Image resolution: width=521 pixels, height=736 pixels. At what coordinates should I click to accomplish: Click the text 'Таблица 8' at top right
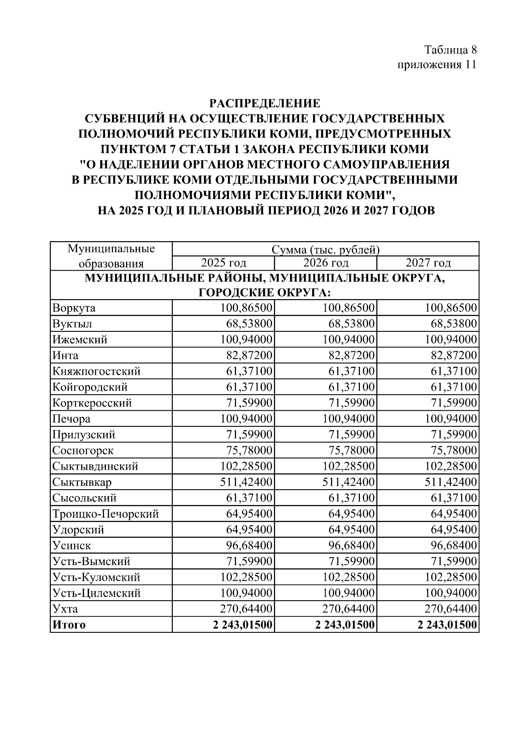coord(451,49)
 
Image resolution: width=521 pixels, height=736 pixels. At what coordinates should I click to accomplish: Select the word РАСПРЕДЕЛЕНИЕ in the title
coord(265,103)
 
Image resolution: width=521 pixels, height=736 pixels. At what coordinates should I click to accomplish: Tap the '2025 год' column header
coord(223,263)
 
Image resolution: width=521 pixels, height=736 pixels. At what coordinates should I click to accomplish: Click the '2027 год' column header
coord(428,263)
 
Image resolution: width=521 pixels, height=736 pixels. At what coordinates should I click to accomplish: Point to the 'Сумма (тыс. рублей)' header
coord(326,250)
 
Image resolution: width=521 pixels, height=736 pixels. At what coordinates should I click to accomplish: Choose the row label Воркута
coord(74,308)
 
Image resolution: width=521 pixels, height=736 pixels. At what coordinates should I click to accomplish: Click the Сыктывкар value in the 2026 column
coord(348,482)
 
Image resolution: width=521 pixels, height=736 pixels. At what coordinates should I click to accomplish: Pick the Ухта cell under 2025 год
coord(246,608)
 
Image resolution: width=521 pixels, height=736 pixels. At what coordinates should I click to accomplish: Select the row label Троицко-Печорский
coord(106,514)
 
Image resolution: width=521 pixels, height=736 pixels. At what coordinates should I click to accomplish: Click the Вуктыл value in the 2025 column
coord(249,324)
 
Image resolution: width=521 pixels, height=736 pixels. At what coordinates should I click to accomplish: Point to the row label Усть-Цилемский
coord(96,593)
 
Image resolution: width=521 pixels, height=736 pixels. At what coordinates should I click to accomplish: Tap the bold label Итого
coord(69,625)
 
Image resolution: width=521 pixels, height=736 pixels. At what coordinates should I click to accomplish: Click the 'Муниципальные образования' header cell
coord(111,256)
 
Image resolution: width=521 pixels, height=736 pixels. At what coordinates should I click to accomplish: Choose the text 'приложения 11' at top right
coord(437,65)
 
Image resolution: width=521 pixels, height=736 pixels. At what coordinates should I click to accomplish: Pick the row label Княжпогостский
coord(96,371)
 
